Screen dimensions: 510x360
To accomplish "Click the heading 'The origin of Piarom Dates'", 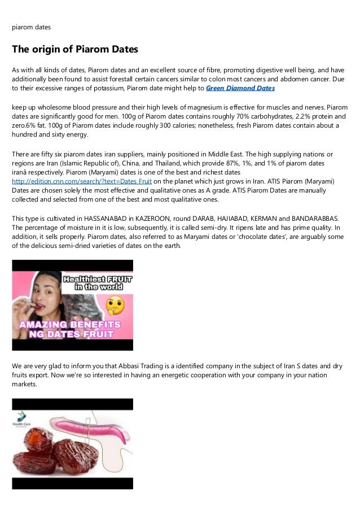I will click(75, 49).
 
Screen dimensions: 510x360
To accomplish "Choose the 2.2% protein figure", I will click(296, 116).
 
